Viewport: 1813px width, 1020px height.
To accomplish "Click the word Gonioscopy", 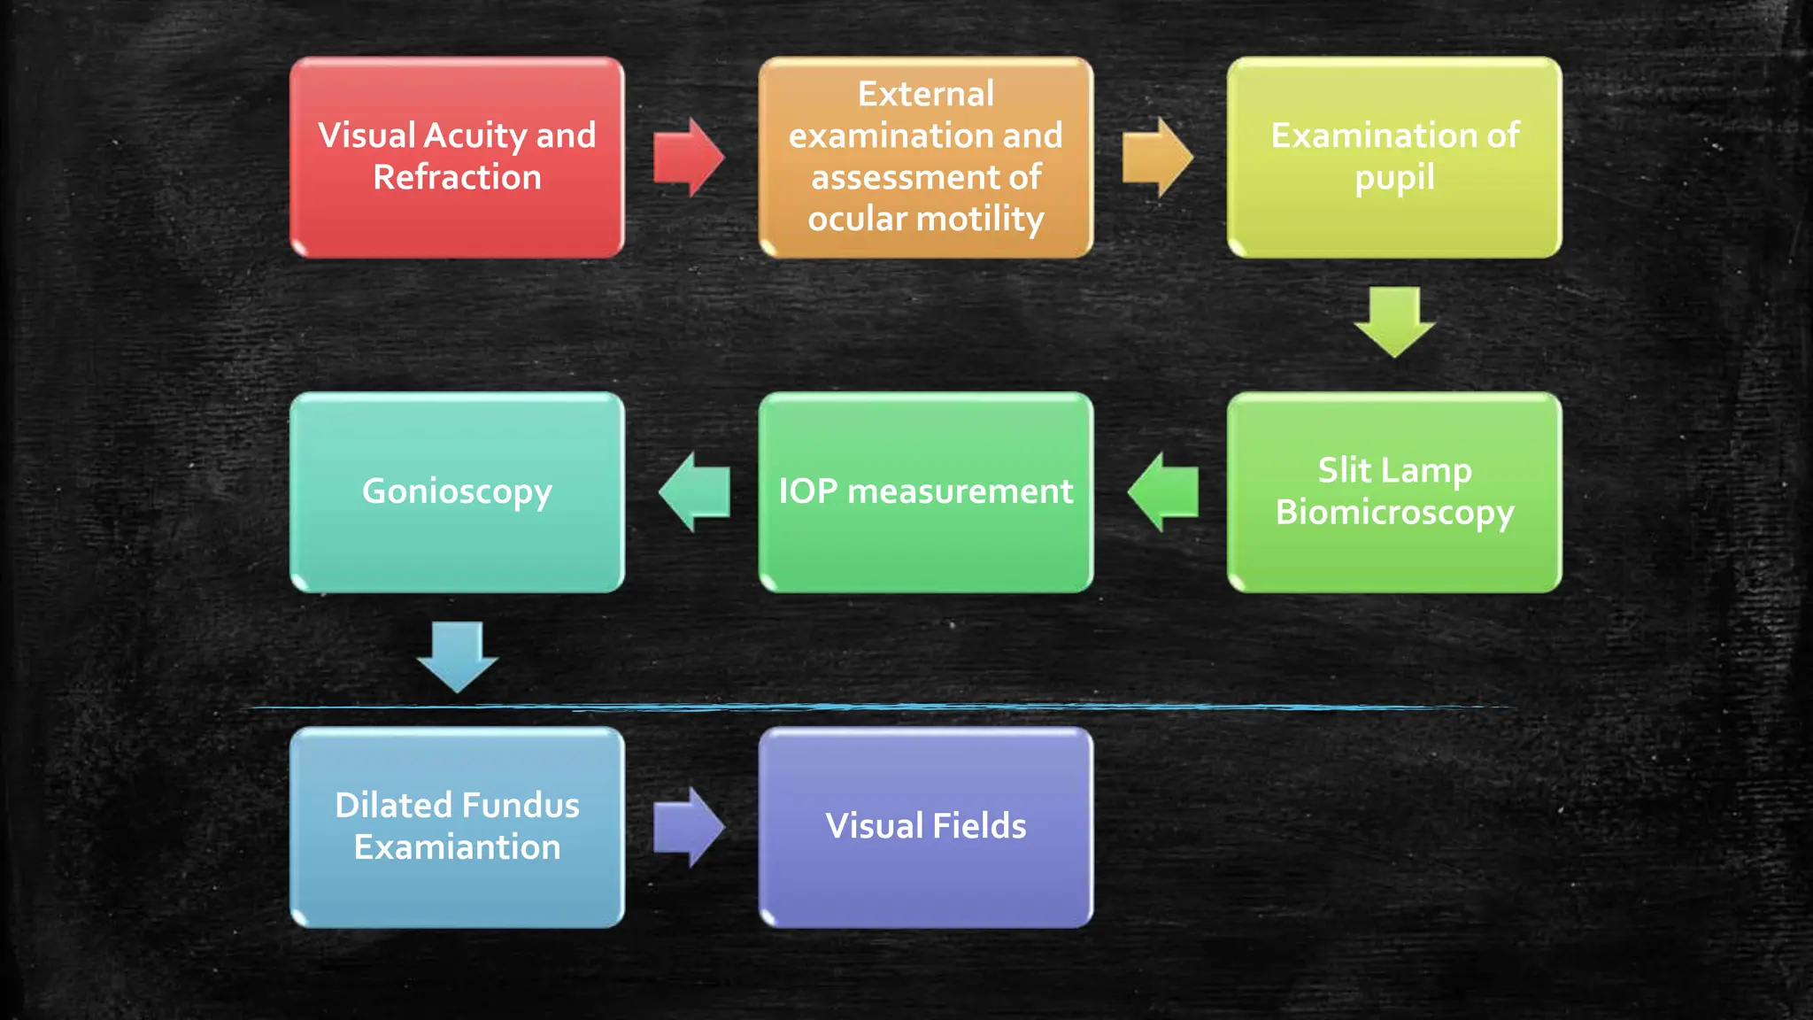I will pos(457,492).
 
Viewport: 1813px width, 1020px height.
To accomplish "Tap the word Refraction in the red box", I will pos(457,178).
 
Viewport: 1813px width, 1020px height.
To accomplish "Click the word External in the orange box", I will pos(925,94).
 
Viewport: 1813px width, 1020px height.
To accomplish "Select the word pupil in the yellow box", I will pos(1394,178).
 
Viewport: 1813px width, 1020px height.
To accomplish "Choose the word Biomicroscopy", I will pos(1394,513).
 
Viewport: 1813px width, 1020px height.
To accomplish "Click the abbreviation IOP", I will pos(807,491).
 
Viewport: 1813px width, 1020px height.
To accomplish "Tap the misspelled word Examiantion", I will pos(457,847).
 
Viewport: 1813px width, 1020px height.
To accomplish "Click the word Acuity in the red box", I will pos(474,136).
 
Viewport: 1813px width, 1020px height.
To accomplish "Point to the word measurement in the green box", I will pos(960,491).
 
